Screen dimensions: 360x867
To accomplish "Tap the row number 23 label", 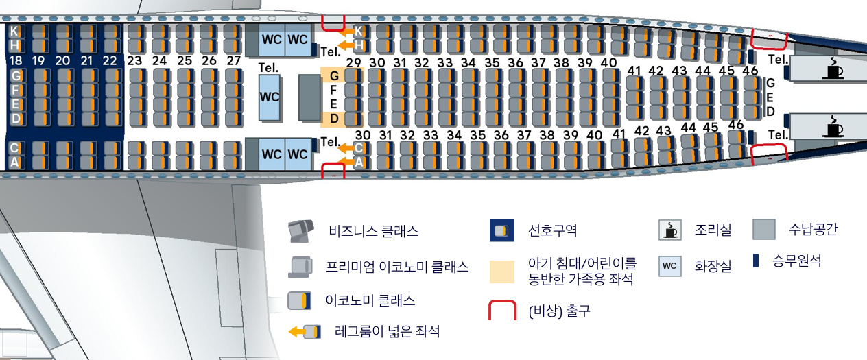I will click(x=134, y=60).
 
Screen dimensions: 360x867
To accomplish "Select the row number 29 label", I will click(x=354, y=63).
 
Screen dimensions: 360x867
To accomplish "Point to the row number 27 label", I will click(x=234, y=60).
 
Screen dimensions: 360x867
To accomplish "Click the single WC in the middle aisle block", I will click(x=270, y=97).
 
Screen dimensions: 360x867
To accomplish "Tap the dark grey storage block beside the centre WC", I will click(x=309, y=97).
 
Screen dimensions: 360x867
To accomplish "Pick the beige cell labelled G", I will click(x=334, y=75).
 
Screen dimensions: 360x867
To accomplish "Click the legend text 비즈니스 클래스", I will click(x=373, y=231).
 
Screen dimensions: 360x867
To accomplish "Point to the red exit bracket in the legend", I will click(x=502, y=311).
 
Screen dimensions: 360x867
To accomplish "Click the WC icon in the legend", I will click(x=669, y=266).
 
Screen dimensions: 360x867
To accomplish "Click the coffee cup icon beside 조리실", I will click(x=669, y=230).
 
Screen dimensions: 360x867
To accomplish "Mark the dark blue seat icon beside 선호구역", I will click(x=502, y=231).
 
